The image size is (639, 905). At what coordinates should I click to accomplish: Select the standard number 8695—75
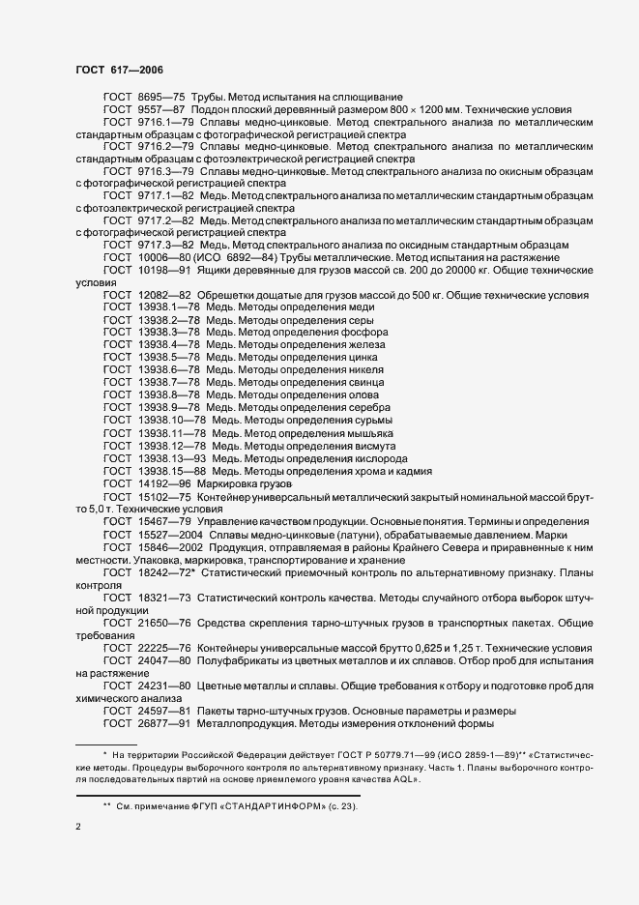tap(160, 98)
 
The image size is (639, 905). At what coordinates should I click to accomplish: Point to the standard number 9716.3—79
tap(167, 170)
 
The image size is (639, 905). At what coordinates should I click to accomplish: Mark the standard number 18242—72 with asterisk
tap(165, 571)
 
